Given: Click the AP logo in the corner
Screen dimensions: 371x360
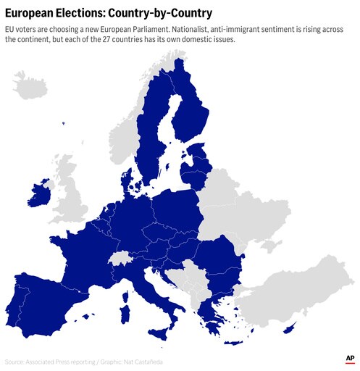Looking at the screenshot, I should (350, 359).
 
